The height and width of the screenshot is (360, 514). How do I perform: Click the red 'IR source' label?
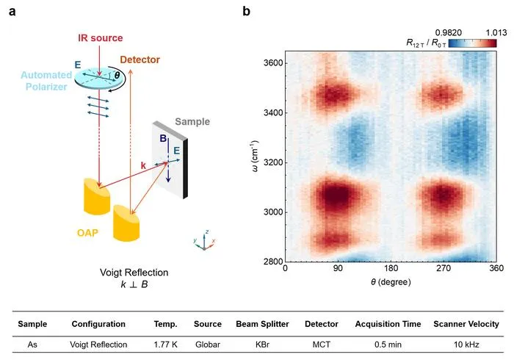point(101,38)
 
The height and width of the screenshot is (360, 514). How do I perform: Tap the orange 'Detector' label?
point(140,60)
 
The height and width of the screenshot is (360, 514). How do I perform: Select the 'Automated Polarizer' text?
point(46,81)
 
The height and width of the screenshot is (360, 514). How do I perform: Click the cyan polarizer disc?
point(98,77)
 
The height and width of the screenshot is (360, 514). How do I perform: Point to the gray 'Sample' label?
point(192,122)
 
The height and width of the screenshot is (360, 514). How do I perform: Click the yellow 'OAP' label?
point(87,233)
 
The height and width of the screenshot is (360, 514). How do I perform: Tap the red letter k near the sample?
point(143,165)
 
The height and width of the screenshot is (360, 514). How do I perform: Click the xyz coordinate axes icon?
point(204,240)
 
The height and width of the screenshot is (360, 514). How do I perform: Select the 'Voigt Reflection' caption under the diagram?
point(134,273)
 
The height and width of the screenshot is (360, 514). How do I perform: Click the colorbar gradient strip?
point(472,43)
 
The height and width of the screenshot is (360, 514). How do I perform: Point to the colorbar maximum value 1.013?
point(496,33)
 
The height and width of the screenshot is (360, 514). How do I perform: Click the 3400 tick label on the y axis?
point(273,113)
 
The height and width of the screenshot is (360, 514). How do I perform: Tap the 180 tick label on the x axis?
point(391,268)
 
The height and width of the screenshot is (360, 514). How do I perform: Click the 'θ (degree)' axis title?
point(391,282)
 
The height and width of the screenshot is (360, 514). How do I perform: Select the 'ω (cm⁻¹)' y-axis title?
point(255,156)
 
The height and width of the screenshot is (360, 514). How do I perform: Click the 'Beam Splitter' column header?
point(263,324)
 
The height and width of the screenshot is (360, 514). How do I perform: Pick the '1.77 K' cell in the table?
point(165,345)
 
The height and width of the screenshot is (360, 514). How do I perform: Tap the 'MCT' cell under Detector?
point(322,345)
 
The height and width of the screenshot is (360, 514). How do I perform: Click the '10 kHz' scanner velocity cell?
point(466,345)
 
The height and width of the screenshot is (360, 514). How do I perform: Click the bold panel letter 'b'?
point(246,12)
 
